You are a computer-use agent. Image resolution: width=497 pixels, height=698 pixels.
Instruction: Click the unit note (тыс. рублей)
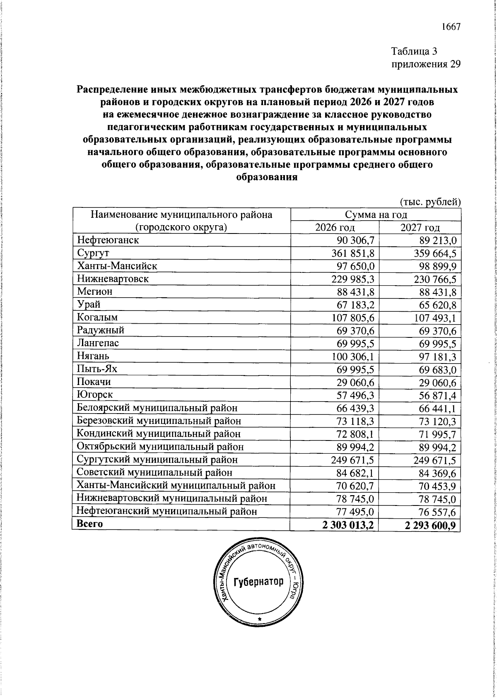pos(430,202)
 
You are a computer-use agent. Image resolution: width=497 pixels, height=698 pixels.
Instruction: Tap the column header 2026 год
pos(335,227)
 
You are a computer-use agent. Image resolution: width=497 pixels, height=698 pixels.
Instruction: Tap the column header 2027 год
pos(420,227)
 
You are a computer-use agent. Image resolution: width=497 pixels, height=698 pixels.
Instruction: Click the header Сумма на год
pos(376,214)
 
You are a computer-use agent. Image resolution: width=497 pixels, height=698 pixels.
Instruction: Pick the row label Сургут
pos(93,253)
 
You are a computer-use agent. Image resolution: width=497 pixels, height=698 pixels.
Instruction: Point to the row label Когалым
pos(97,318)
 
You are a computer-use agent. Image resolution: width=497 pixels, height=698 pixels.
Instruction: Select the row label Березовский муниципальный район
pos(159,421)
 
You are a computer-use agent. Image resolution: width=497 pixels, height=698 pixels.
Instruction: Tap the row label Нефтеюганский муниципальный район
pos(167,511)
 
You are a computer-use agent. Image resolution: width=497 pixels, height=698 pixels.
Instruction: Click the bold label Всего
pos(90,524)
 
